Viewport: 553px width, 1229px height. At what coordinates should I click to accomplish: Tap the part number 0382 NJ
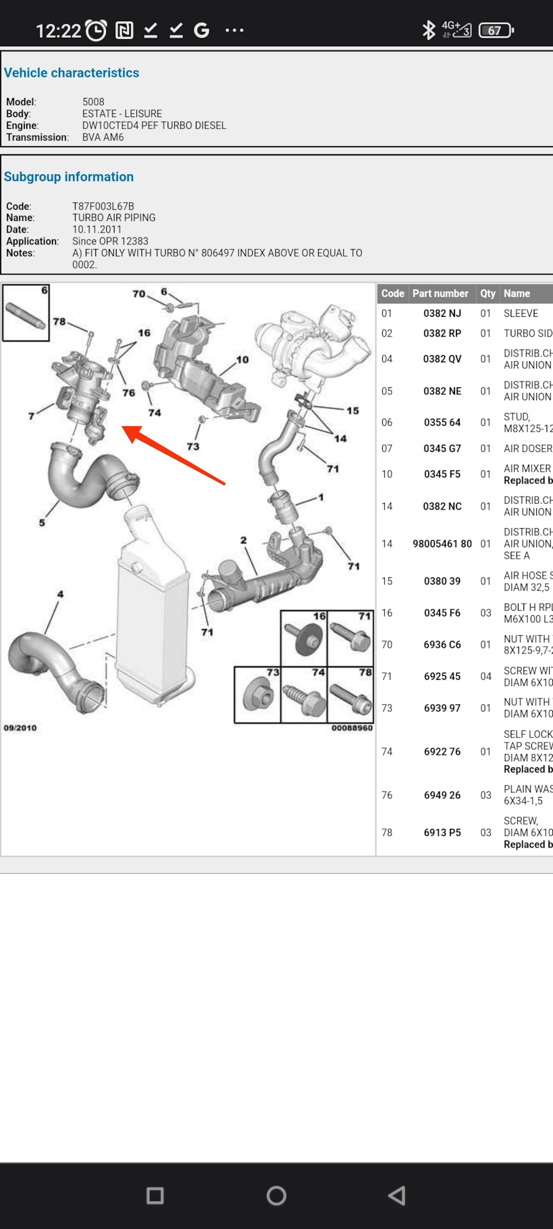coord(442,313)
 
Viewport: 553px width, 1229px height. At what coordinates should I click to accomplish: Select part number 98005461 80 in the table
coord(442,543)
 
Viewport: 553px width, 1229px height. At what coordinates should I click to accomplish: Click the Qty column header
coord(488,293)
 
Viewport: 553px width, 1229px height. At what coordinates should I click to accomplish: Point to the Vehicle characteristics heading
coord(72,72)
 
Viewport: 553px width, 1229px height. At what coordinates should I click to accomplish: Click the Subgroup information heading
coord(69,177)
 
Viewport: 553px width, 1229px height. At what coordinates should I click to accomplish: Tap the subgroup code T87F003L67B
coord(103,206)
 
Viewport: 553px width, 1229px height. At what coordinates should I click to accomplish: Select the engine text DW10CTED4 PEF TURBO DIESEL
coord(154,125)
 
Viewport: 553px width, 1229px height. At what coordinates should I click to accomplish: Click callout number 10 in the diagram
coord(242,360)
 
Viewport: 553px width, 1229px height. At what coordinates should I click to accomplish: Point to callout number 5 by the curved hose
coord(42,522)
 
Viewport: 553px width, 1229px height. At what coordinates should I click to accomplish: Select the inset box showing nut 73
coord(257,695)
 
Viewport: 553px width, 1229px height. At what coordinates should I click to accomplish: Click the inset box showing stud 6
coord(26,313)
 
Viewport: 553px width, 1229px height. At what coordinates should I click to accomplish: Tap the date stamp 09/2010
coord(20,728)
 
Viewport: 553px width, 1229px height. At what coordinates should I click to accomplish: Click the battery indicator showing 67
coord(496,30)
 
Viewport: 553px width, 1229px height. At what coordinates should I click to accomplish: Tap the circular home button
coord(276,1195)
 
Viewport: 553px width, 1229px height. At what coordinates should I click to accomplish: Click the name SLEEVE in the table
coord(520,313)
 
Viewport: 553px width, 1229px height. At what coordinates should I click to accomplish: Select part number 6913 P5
coord(442,832)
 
